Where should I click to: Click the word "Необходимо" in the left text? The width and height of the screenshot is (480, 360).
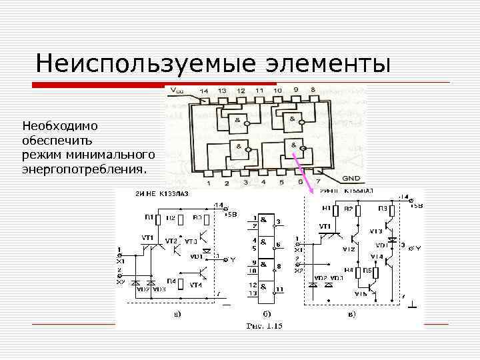60,125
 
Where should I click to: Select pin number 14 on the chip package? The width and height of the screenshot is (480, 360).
203,91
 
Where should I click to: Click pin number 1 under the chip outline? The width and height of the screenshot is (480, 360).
208,183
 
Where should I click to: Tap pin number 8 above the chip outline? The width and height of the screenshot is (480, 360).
313,90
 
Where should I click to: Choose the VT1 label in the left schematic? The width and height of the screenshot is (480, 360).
147,237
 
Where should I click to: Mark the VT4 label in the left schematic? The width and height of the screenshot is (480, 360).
195,285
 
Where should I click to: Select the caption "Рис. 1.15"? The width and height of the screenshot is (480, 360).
265,326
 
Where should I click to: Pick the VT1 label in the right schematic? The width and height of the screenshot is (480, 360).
325,226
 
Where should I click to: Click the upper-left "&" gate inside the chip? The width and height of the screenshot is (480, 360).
237,120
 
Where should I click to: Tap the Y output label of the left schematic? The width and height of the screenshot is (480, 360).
233,260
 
